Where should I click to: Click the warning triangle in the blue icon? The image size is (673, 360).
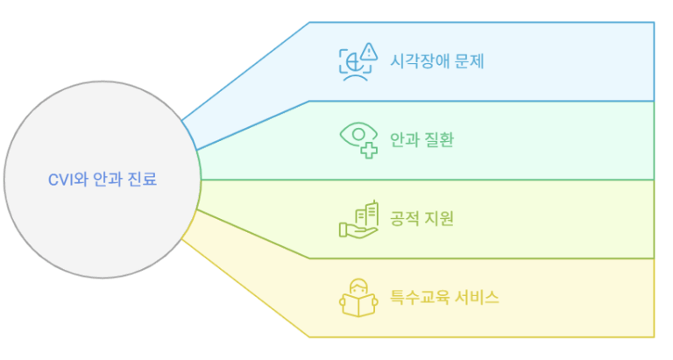370,50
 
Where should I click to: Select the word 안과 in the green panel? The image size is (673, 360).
404,139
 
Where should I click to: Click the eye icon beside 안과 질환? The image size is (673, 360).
355,136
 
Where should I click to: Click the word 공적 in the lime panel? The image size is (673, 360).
404,218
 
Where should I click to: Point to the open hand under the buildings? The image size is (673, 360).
354,229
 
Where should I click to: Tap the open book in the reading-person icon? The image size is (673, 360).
358,306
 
